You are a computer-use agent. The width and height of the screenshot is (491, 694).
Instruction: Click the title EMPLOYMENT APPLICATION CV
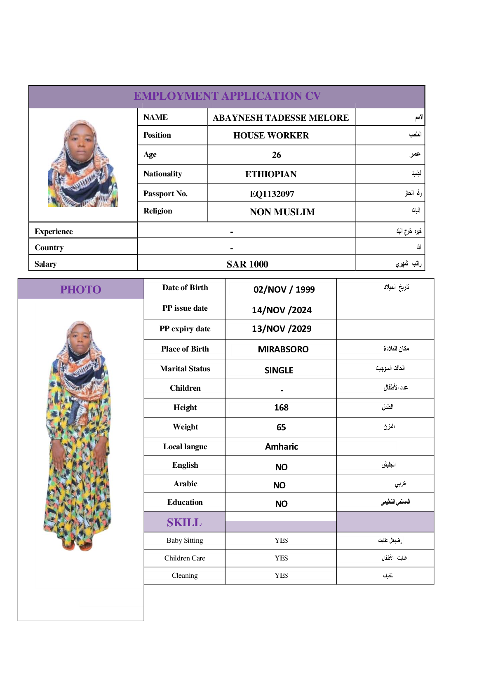pyautogui.click(x=227, y=96)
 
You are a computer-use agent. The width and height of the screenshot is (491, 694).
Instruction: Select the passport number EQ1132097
pyautogui.click(x=272, y=194)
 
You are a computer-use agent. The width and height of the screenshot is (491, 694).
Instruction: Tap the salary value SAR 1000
pyautogui.click(x=247, y=264)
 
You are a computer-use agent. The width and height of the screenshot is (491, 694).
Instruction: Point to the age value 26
pyautogui.click(x=277, y=155)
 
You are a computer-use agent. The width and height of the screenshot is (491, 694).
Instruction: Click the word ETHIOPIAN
pyautogui.click(x=271, y=174)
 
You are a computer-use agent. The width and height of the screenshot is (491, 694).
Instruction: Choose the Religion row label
pyautogui.click(x=158, y=211)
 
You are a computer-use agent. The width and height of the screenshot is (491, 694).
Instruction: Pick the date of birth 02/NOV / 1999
pyautogui.click(x=284, y=289)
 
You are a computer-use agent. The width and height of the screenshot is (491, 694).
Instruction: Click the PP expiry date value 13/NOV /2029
pyautogui.click(x=282, y=329)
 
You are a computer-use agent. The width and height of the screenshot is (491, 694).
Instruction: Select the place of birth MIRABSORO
pyautogui.click(x=283, y=349)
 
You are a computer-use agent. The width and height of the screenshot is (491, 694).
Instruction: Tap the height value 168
pyautogui.click(x=281, y=408)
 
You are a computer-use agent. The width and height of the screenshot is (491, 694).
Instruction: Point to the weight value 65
pyautogui.click(x=281, y=427)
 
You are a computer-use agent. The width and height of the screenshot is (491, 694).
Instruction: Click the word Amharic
pyautogui.click(x=282, y=447)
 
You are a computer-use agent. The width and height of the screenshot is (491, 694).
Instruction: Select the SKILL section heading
pyautogui.click(x=184, y=523)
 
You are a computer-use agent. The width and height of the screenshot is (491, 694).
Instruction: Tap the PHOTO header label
pyautogui.click(x=81, y=290)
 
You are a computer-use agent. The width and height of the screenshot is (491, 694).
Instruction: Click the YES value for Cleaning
pyautogui.click(x=281, y=575)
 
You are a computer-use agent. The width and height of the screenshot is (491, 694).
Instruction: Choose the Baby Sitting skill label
pyautogui.click(x=185, y=540)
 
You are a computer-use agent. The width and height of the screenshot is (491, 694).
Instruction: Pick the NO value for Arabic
pyautogui.click(x=279, y=485)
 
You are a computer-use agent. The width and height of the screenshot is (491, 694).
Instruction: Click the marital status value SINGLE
pyautogui.click(x=279, y=370)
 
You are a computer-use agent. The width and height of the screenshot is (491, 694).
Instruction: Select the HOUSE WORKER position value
pyautogui.click(x=271, y=136)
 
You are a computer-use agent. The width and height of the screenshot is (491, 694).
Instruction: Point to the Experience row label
pyautogui.click(x=54, y=232)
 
